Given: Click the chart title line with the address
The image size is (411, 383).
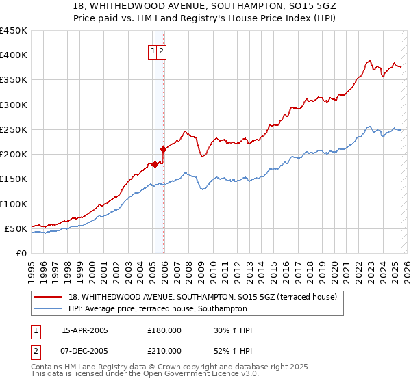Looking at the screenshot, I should point(205,5).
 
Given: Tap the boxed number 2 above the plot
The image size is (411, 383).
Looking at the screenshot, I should point(161,51).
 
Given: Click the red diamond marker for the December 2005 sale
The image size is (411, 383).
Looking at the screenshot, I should point(163,149).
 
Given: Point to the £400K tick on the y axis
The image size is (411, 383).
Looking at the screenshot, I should point(15,55).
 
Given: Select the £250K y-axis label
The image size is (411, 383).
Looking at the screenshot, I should point(15,129).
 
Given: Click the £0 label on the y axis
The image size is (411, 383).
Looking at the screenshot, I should point(21,253).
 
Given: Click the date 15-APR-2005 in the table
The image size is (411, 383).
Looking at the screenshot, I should point(85,330).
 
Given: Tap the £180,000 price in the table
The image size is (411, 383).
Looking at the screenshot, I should point(164,330).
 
